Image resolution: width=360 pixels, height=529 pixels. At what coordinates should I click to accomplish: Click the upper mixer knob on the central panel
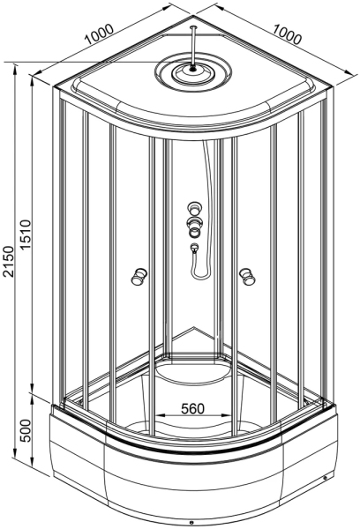[x=194, y=210]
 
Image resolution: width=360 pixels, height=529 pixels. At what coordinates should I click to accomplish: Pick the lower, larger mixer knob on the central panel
[x=194, y=227]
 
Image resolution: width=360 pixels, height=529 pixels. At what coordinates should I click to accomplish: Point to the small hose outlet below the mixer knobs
[x=193, y=249]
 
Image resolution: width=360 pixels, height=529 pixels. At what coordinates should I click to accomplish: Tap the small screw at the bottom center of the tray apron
[x=191, y=523]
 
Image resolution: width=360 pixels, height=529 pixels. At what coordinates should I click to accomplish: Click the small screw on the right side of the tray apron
[x=326, y=481]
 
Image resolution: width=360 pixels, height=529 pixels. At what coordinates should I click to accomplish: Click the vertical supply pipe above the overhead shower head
[x=191, y=44]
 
